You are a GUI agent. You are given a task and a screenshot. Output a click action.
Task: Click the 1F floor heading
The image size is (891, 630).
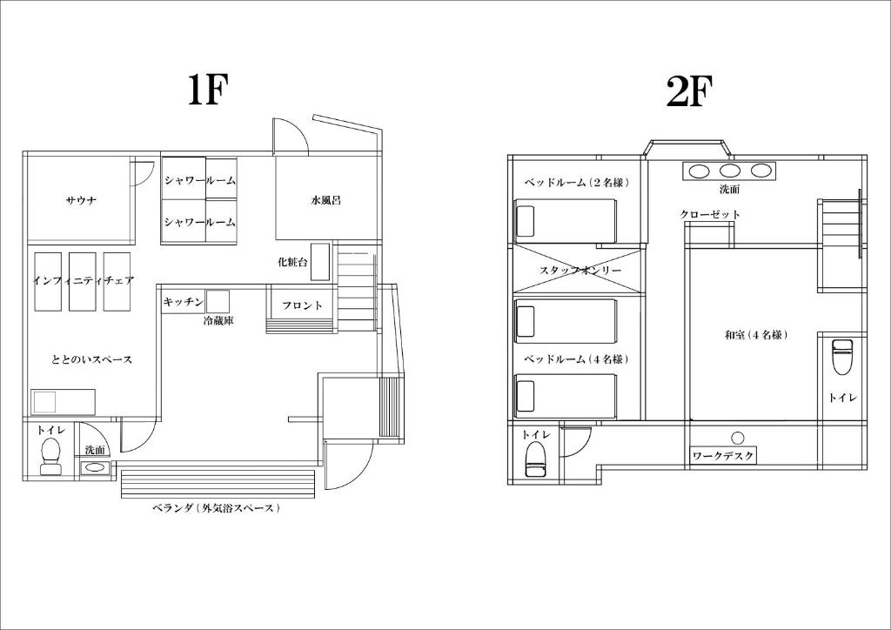pyautogui.click(x=207, y=90)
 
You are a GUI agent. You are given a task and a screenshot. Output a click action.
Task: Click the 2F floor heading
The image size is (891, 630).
pyautogui.click(x=689, y=91)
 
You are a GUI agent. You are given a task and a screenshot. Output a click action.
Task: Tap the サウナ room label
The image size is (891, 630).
pyautogui.click(x=81, y=200)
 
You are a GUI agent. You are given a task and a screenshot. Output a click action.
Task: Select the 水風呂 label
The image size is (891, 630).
pyautogui.click(x=325, y=200)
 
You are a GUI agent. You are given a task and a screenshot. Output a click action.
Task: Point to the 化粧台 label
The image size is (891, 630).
pyautogui.click(x=292, y=262)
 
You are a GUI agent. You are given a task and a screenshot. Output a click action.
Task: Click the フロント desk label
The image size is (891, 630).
pyautogui.click(x=302, y=305)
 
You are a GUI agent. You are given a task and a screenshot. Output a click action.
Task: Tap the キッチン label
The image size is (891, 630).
pyautogui.click(x=183, y=302)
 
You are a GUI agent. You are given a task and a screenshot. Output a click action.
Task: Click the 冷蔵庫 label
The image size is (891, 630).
pyautogui.click(x=218, y=321)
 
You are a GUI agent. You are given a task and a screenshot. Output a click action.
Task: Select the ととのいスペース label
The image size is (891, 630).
pyautogui.click(x=92, y=359)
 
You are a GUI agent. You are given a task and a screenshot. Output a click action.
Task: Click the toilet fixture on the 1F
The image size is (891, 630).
pyautogui.click(x=50, y=456)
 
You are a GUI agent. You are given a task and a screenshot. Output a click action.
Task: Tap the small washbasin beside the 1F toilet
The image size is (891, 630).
pyautogui.click(x=95, y=468)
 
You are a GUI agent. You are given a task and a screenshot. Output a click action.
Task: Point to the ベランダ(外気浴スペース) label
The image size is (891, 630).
pyautogui.click(x=217, y=508)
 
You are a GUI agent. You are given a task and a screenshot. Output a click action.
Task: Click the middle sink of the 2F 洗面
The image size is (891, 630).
pyautogui.click(x=730, y=171)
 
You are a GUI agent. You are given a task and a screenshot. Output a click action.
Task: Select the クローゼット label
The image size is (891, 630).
pyautogui.click(x=710, y=214)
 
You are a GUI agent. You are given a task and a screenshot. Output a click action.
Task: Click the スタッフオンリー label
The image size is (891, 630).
pyautogui.click(x=580, y=271)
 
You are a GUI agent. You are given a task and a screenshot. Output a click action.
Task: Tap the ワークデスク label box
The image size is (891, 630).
pyautogui.click(x=723, y=456)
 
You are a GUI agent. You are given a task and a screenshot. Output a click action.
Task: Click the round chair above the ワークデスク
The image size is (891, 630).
pyautogui.click(x=738, y=438)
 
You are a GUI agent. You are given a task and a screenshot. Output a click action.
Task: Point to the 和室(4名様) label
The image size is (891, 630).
pyautogui.click(x=756, y=335)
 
